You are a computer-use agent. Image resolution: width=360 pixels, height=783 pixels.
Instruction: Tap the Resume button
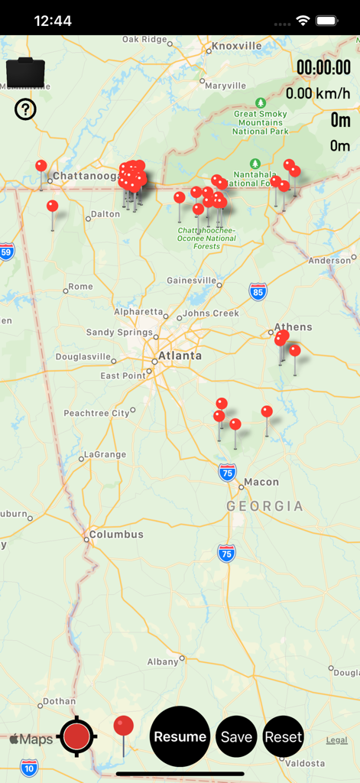180,736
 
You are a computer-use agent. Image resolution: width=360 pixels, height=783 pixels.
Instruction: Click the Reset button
284,737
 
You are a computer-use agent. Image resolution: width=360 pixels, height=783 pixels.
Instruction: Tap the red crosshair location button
76,736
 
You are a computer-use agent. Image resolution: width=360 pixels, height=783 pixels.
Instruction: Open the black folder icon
25,73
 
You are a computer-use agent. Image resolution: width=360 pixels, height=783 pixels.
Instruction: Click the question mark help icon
25,110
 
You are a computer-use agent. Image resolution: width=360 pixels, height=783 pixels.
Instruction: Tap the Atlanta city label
180,356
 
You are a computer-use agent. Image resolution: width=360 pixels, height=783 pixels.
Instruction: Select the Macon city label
261,482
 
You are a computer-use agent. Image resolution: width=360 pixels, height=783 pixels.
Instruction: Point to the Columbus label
116,534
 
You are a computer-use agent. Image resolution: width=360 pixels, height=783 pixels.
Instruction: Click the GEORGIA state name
264,506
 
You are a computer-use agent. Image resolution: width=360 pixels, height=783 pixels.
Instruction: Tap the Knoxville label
237,46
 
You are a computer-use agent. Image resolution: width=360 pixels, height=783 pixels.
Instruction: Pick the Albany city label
163,661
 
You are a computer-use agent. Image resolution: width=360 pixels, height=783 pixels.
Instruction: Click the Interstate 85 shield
258,291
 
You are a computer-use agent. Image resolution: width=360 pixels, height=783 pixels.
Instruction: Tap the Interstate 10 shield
29,767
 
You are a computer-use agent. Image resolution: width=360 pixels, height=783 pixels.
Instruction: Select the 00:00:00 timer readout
323,67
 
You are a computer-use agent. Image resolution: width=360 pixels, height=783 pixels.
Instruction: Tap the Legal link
336,739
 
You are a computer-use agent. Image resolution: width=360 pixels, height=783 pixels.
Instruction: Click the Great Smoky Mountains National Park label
261,122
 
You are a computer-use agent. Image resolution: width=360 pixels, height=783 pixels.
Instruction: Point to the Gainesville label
191,281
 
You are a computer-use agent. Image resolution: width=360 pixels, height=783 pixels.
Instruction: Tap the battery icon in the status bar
327,21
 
